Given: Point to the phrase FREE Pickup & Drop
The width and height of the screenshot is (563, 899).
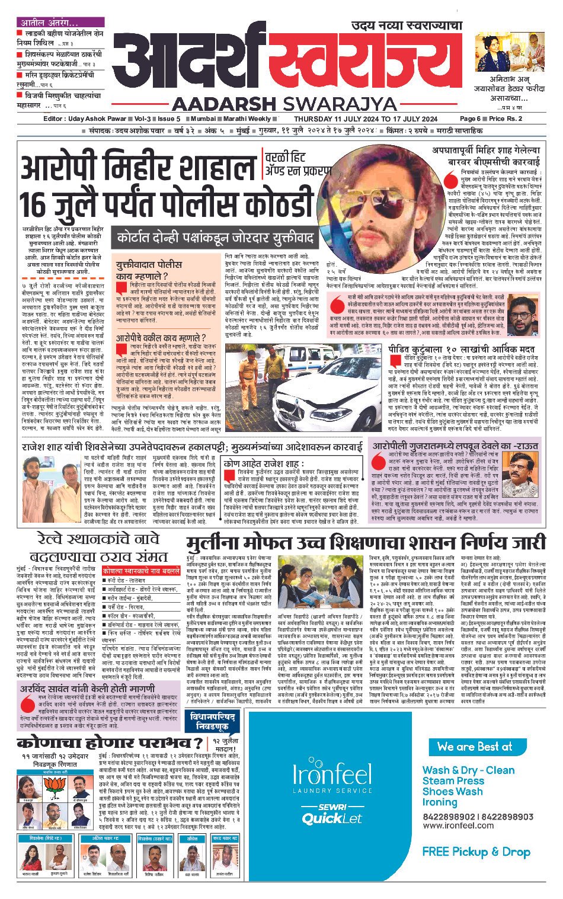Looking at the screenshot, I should coord(476,852).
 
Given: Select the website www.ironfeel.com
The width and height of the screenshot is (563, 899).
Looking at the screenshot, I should coord(460,826).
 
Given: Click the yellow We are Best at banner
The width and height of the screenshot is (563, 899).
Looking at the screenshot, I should coord(474,746).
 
